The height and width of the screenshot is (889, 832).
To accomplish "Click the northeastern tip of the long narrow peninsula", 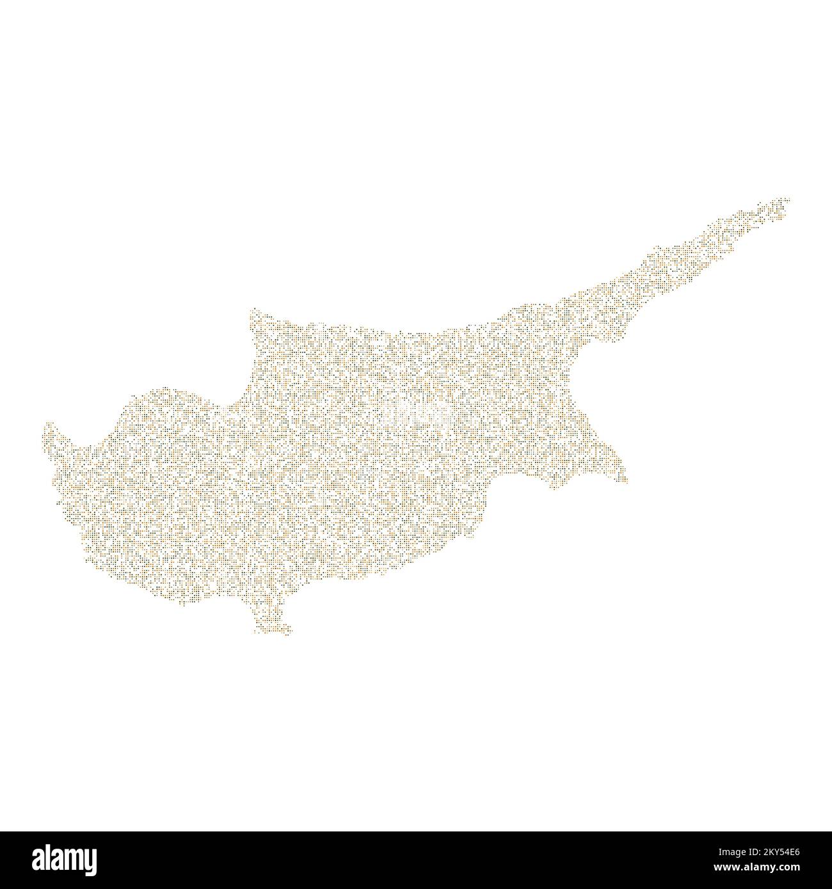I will tap(788, 200).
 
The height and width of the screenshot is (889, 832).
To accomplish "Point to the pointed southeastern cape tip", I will tap(625, 481).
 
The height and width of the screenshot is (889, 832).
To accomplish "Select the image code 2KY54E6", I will tap(785, 853).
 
